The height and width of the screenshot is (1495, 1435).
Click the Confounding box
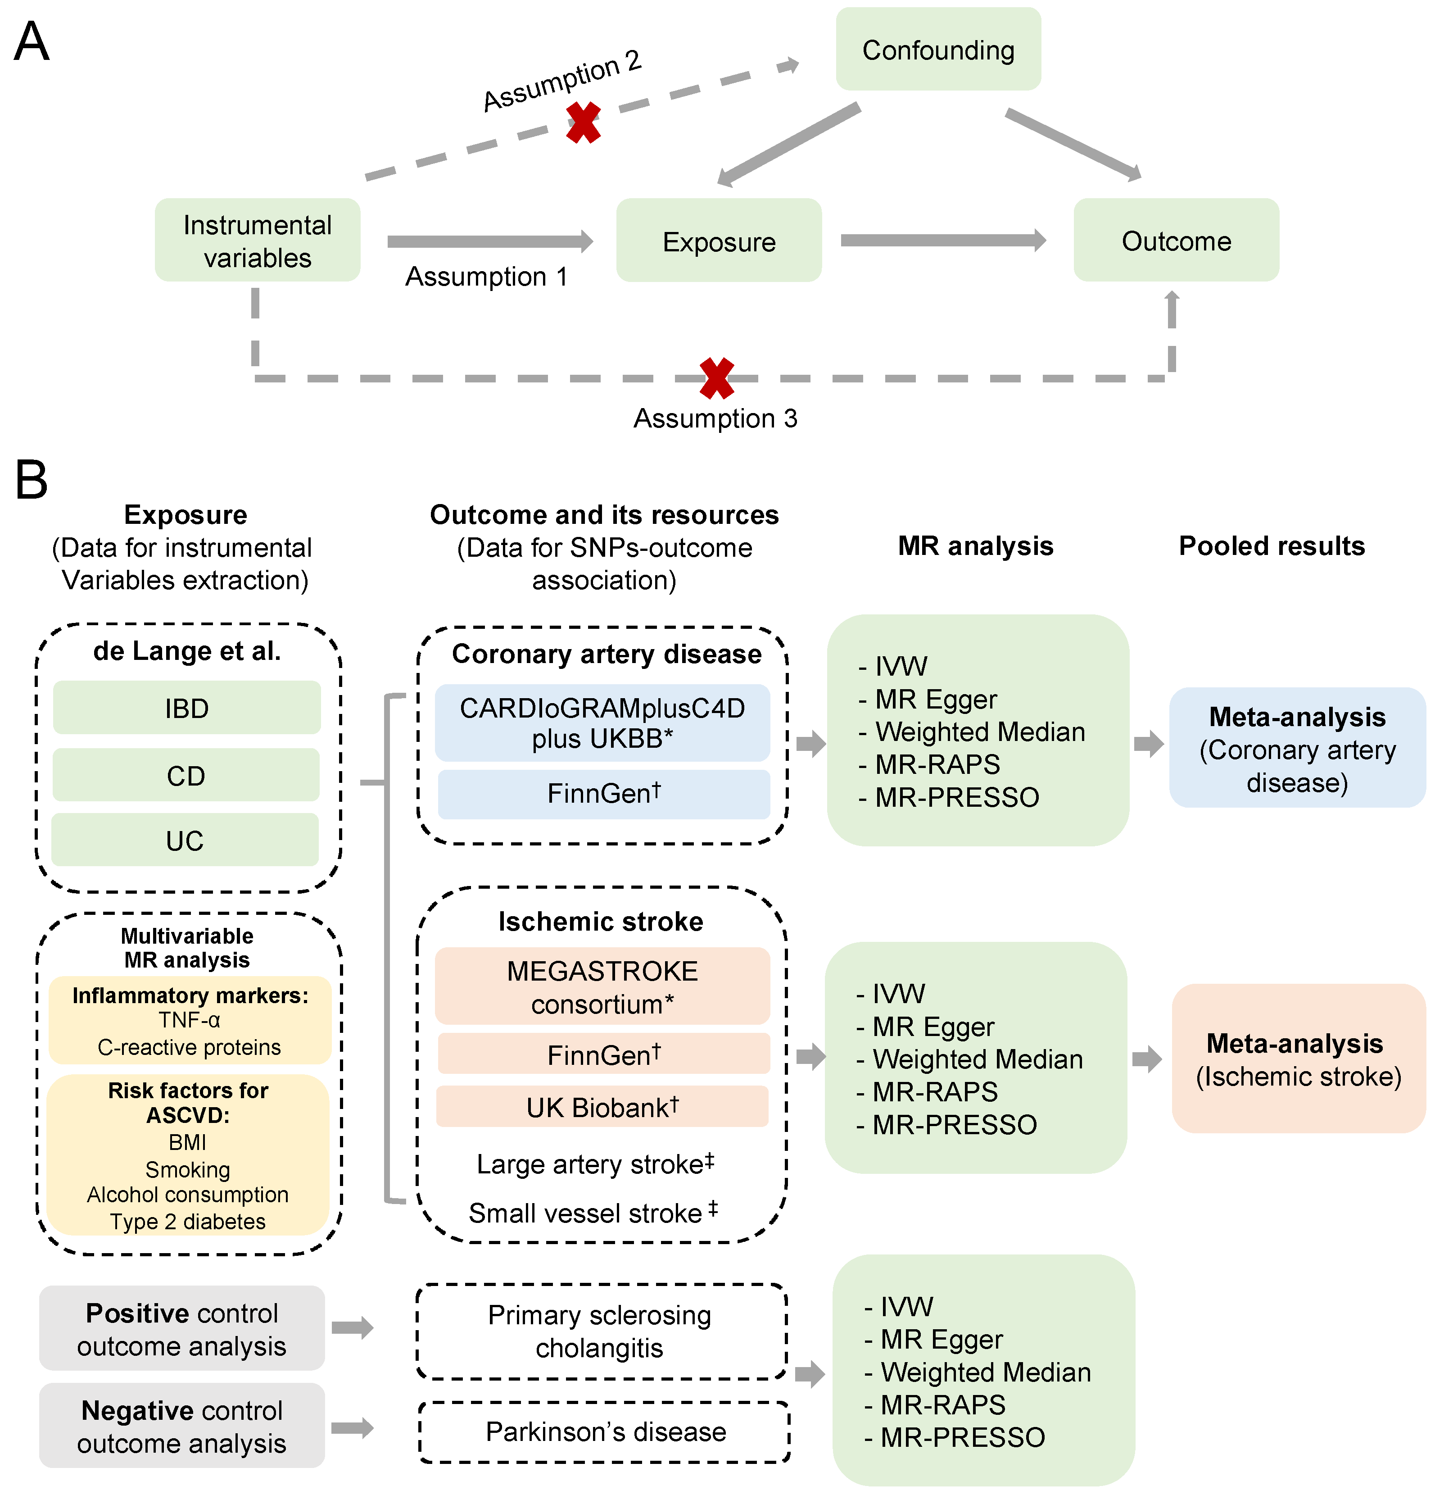click(938, 50)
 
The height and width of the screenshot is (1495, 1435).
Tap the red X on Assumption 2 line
click(583, 123)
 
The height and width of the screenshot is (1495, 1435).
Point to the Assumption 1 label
click(486, 276)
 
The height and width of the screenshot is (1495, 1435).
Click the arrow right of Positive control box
click(352, 1328)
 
